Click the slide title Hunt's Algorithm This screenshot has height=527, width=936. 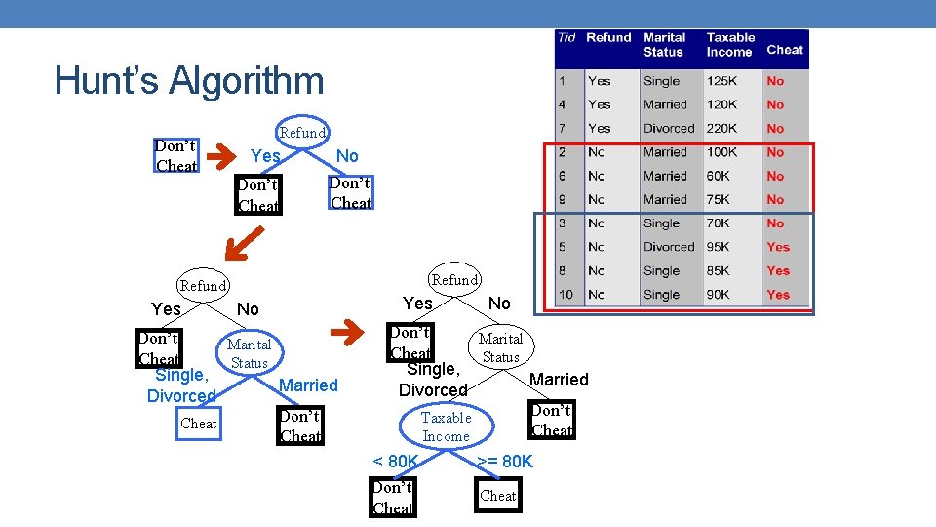pyautogui.click(x=189, y=80)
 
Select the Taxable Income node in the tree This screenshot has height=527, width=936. pyautogui.click(x=446, y=426)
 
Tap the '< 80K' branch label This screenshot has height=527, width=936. pyautogui.click(x=395, y=461)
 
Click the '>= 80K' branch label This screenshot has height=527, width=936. pyautogui.click(x=505, y=461)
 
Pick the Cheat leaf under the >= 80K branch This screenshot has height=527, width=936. pyautogui.click(x=497, y=496)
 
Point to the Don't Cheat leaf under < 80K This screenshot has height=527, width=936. pyautogui.click(x=392, y=498)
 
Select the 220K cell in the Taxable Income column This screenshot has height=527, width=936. pyautogui.click(x=721, y=128)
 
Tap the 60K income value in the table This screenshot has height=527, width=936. pyautogui.click(x=719, y=176)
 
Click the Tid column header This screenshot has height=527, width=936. pyautogui.click(x=565, y=38)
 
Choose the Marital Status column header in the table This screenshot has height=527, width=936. pyautogui.click(x=664, y=44)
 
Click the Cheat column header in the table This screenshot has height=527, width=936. pyautogui.click(x=784, y=49)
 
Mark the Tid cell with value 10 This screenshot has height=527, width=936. pyautogui.click(x=565, y=294)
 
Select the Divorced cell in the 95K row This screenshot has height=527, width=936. pyautogui.click(x=668, y=247)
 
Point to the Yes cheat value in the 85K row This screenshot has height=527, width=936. pyautogui.click(x=777, y=270)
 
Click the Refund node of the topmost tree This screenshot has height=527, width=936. pyautogui.click(x=302, y=132)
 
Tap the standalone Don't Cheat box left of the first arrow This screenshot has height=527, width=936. pyautogui.click(x=176, y=156)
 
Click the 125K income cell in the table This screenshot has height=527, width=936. pyautogui.click(x=721, y=81)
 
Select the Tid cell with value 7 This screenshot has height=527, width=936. pyautogui.click(x=562, y=128)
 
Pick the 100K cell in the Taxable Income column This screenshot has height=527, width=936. pyautogui.click(x=721, y=152)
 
